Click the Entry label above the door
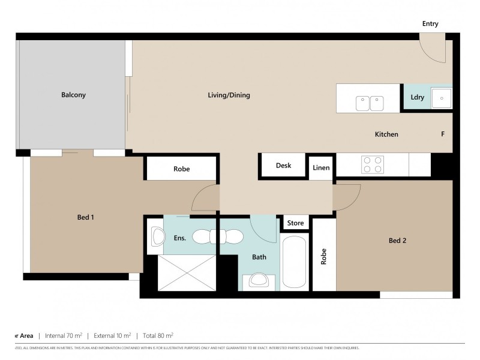click(430, 24)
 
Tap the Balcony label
click(73, 95)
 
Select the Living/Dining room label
click(229, 95)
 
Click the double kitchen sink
click(369, 103)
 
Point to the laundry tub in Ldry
click(443, 98)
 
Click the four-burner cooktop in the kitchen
click(372, 164)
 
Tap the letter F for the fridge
click(443, 134)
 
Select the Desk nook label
click(283, 166)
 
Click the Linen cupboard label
click(321, 167)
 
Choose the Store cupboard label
click(295, 223)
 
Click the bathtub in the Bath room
click(294, 262)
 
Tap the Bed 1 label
click(85, 217)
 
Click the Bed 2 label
click(398, 241)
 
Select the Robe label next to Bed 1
click(181, 169)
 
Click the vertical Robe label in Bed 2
click(323, 257)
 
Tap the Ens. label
click(179, 238)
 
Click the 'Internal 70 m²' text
click(64, 335)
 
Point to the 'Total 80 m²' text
click(157, 335)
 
